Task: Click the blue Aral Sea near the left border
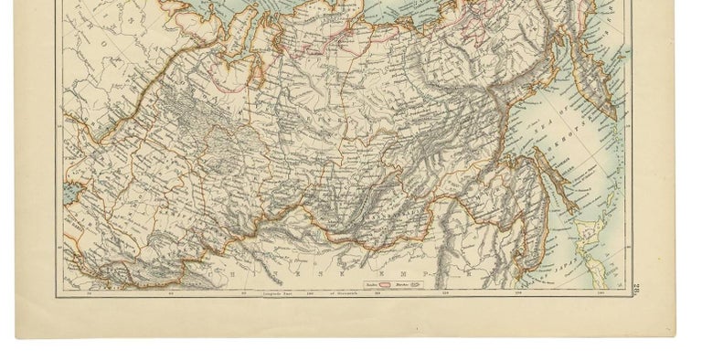pos(71,196)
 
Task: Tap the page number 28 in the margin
pos(633,291)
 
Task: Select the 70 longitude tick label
pos(90,293)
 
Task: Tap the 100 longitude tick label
pos(311,293)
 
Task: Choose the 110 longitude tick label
pos(379,293)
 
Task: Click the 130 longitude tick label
pos(517,293)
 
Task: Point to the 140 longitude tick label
pos(600,293)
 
